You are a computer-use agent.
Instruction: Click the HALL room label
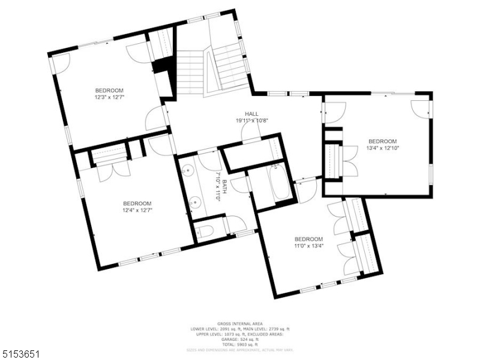(x=251, y=113)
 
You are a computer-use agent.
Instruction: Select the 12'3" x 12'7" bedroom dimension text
(x=109, y=97)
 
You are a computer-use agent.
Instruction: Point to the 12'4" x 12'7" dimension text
(x=137, y=210)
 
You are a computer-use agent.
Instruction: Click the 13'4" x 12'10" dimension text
(x=382, y=148)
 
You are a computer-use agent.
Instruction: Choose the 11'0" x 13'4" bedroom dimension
(x=308, y=245)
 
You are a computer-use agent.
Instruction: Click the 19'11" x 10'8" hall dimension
(x=251, y=120)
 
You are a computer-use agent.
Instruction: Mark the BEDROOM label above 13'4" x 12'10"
(x=382, y=141)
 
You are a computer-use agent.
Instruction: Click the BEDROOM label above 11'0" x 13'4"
(x=308, y=239)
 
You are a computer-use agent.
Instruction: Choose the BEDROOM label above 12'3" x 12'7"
(x=109, y=90)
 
